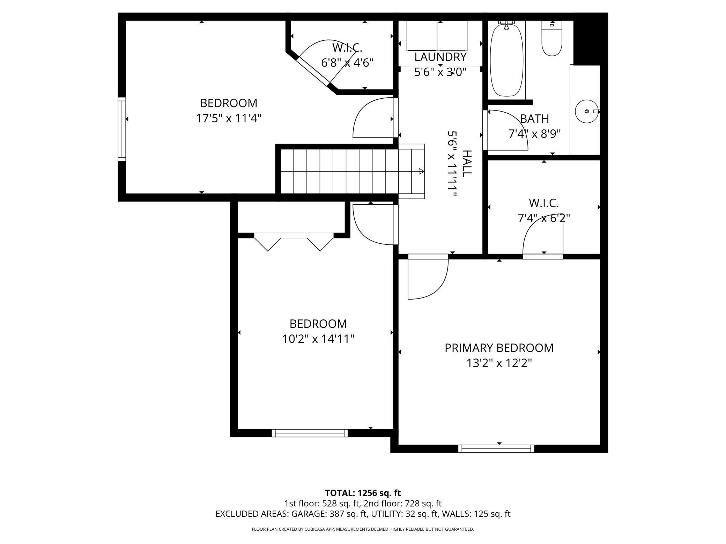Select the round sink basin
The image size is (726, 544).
pyautogui.click(x=586, y=111)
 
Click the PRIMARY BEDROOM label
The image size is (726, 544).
pyautogui.click(x=499, y=348)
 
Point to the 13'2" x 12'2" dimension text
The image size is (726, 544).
pyautogui.click(x=499, y=363)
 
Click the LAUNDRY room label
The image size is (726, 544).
pyautogui.click(x=440, y=57)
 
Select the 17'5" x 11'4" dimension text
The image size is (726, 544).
pyautogui.click(x=229, y=119)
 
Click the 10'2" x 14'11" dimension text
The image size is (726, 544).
pyautogui.click(x=318, y=339)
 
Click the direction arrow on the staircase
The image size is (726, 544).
pyautogui.click(x=421, y=172)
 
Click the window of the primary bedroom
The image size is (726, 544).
pyautogui.click(x=496, y=448)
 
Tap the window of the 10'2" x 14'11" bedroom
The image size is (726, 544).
pyautogui.click(x=310, y=433)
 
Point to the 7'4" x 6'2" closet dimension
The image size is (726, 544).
pyautogui.click(x=543, y=218)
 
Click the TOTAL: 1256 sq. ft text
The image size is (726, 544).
pyautogui.click(x=363, y=493)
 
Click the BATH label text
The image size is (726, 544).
pyautogui.click(x=534, y=119)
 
